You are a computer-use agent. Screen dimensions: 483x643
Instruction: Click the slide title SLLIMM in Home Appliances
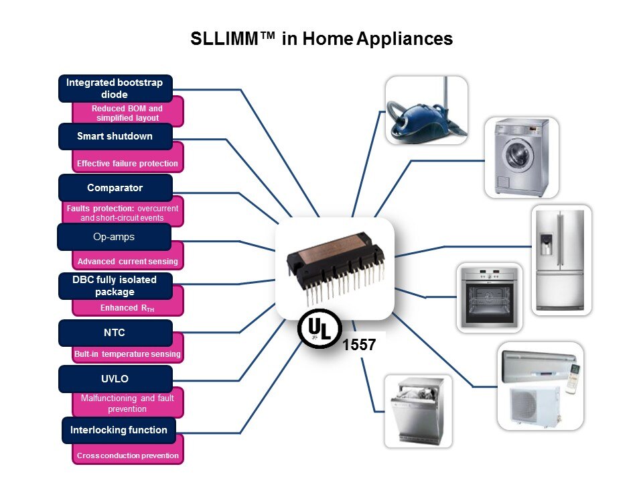321,40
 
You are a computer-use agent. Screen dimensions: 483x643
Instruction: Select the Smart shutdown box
115,137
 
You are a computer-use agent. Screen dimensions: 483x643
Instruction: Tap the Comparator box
115,188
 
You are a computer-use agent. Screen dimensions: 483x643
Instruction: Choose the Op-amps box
113,237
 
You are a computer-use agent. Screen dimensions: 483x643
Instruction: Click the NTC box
115,333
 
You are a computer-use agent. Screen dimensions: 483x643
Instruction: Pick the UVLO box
115,379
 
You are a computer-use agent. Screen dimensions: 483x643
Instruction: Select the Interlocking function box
119,430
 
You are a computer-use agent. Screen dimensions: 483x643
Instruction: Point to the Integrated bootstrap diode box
115,89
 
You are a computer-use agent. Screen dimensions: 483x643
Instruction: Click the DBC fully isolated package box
115,286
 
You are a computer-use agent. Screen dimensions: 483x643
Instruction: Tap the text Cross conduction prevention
128,455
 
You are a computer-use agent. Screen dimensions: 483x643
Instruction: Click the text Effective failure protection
128,163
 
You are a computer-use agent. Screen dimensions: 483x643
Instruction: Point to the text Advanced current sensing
128,262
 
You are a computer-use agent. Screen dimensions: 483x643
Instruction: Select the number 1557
360,345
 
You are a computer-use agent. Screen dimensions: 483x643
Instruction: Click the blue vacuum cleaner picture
426,110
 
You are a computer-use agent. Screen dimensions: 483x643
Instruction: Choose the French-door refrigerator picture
562,260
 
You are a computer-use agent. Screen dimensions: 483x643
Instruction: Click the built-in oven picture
489,297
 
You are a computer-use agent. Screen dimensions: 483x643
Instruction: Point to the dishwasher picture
418,411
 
